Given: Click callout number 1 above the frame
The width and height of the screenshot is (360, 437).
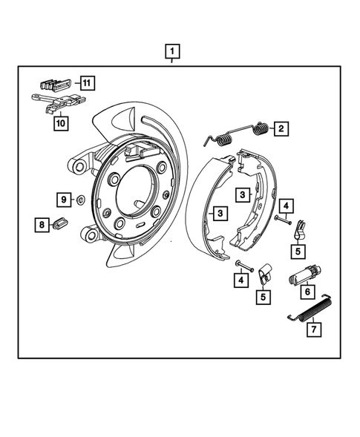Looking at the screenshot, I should pyautogui.click(x=172, y=52).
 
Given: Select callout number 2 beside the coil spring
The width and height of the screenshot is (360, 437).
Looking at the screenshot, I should pyautogui.click(x=281, y=128).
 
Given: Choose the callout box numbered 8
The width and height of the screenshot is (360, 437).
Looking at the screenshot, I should pyautogui.click(x=42, y=224).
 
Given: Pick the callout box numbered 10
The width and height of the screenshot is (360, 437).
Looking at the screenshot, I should pyautogui.click(x=60, y=122).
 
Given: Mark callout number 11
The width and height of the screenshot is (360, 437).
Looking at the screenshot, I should pyautogui.click(x=88, y=82).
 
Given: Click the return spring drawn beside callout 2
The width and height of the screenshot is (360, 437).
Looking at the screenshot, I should pyautogui.click(x=237, y=134).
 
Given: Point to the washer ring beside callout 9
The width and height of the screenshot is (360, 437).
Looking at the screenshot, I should pyautogui.click(x=79, y=200).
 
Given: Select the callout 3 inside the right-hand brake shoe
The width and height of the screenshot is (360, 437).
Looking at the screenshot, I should pyautogui.click(x=243, y=195).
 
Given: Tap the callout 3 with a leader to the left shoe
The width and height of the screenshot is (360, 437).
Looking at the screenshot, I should pyautogui.click(x=220, y=214).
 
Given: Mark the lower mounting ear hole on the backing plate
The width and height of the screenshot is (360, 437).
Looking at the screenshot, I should pyautogui.click(x=91, y=236).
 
